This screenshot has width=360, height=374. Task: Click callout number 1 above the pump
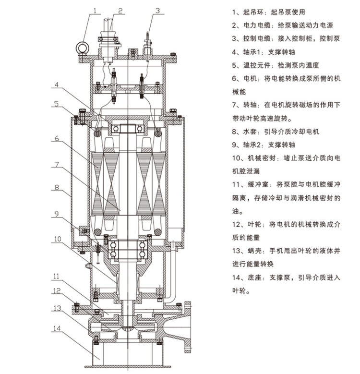[x=95, y=9]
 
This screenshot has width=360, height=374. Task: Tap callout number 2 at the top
[x=120, y=9]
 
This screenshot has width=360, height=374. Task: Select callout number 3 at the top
[x=156, y=9]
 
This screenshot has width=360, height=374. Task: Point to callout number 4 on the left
[x=56, y=85]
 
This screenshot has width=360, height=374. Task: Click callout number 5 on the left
[x=56, y=103]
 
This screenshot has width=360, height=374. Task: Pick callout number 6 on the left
[x=56, y=139]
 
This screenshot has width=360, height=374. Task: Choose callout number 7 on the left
[x=56, y=164]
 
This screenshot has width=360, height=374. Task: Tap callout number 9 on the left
[x=56, y=215]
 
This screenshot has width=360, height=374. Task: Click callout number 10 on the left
[x=57, y=239]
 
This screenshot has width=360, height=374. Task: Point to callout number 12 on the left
[x=56, y=290]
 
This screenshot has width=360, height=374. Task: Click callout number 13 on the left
[x=57, y=307]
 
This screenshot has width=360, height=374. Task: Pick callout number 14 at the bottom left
[x=57, y=328]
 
